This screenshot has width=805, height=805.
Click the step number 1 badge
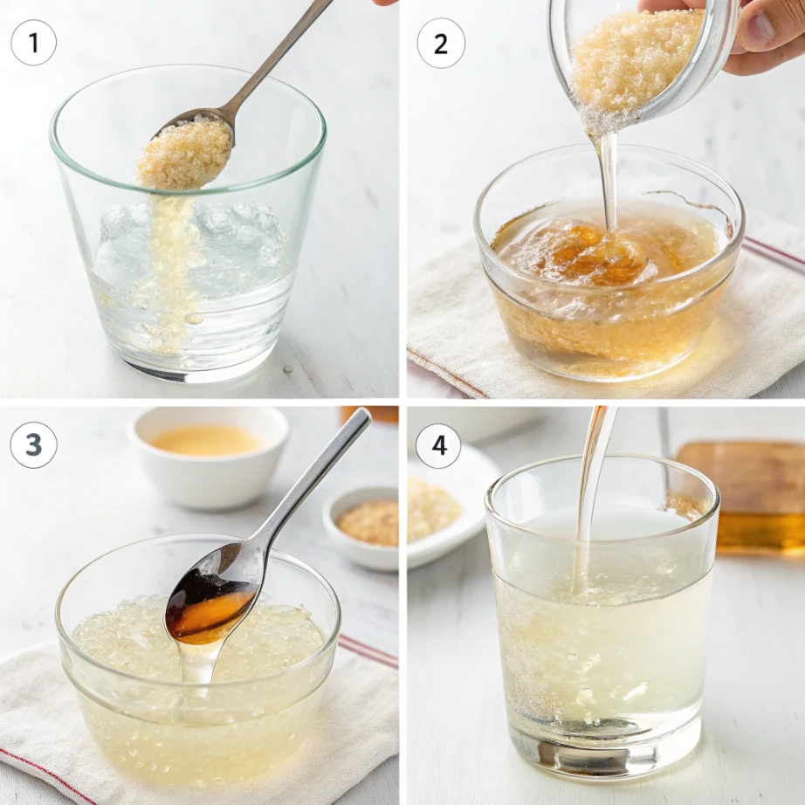pos(34,43)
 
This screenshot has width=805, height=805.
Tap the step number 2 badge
pos(440,43)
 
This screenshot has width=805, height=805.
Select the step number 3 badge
pos(34,444)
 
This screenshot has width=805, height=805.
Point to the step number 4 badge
pos(438,446)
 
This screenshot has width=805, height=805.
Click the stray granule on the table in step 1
pos(287,369)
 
